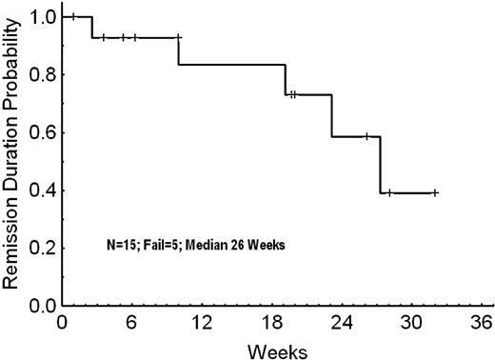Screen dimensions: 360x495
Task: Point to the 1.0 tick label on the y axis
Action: pos(44,16)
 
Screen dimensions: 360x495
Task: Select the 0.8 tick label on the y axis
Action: pos(44,74)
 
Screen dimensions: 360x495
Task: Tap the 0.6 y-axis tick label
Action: pos(44,132)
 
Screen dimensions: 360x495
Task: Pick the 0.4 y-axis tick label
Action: pos(44,190)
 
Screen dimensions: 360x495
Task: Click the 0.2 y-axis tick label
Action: pos(44,249)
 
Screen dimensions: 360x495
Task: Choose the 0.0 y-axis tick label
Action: pos(44,307)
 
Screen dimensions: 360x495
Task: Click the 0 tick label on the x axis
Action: pos(62,322)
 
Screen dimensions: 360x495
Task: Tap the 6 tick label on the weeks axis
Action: pos(121,322)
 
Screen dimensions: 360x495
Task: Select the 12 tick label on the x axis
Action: pos(179,322)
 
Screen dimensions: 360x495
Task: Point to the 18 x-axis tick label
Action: pos(238,322)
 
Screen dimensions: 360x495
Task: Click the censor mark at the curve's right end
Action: pos(435,192)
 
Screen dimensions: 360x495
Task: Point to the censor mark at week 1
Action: pos(72,16)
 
